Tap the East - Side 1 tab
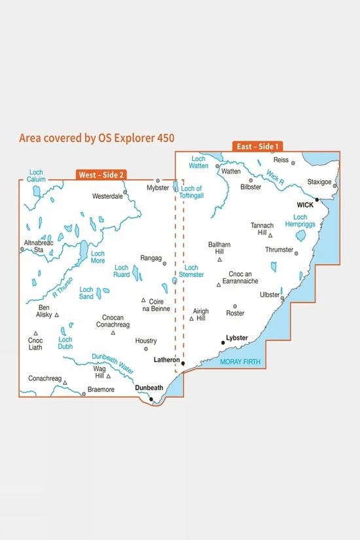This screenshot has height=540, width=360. [x=257, y=147]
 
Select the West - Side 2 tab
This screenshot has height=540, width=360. [x=101, y=175]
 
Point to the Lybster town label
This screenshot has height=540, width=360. [x=236, y=338]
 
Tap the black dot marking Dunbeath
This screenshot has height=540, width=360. [x=151, y=399]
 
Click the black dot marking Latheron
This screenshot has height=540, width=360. [x=183, y=363]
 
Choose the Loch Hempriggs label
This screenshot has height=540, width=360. [x=300, y=221]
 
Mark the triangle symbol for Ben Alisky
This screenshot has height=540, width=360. [x=57, y=315]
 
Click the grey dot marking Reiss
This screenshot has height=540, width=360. [x=293, y=162]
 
